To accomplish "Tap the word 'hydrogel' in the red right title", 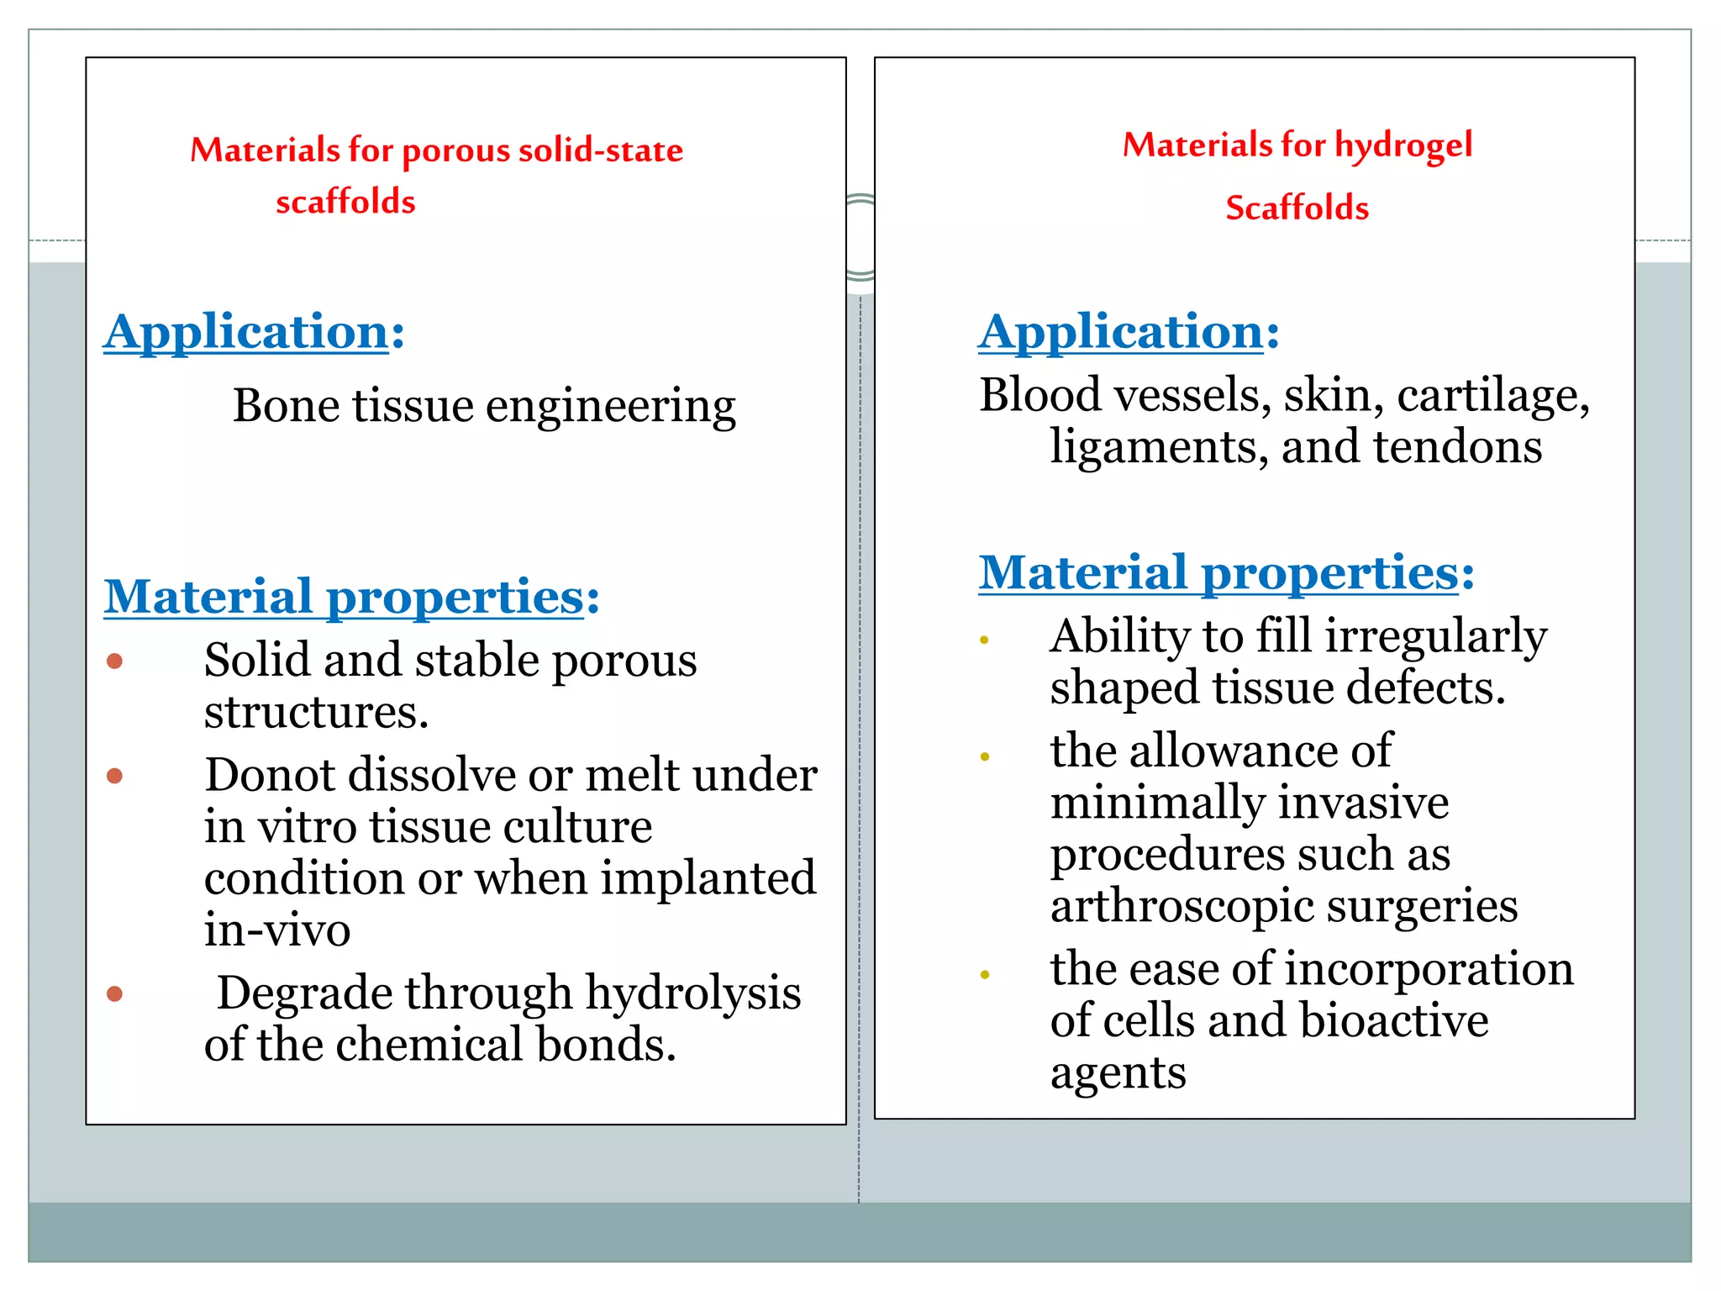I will point(1403,146).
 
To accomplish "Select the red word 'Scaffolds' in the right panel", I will point(1297,208).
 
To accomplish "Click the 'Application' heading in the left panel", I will point(247,331).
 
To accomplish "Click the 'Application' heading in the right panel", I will point(1122,331).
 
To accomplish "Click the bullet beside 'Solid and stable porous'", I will point(115,661).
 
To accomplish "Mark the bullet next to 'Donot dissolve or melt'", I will point(115,776).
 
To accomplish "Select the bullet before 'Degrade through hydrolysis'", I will point(115,994).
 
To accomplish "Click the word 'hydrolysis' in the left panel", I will point(693,993).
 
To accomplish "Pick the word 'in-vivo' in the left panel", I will point(277,930).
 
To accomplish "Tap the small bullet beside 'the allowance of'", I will point(985,756).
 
